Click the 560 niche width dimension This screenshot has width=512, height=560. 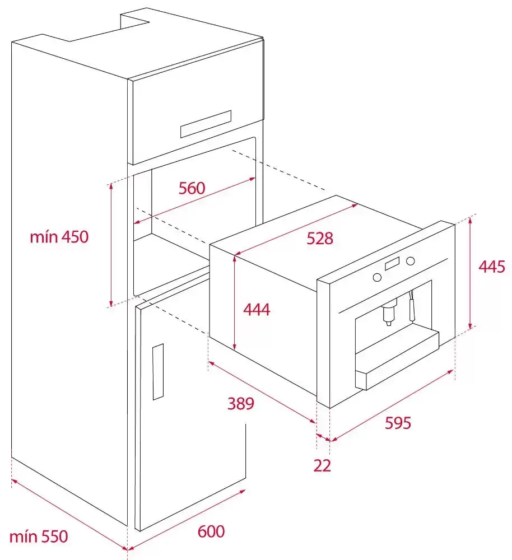(x=192, y=188)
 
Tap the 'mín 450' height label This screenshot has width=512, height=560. (x=59, y=237)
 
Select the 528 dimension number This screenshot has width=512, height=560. (x=320, y=238)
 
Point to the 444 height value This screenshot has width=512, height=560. (x=257, y=309)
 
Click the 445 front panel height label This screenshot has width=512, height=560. (x=492, y=267)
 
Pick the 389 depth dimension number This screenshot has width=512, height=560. (x=241, y=403)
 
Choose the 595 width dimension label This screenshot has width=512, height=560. (x=398, y=423)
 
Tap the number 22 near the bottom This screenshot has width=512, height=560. (x=322, y=465)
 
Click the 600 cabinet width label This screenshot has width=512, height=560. (x=211, y=531)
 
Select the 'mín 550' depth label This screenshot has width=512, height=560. (x=39, y=536)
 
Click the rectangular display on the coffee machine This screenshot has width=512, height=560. (x=392, y=264)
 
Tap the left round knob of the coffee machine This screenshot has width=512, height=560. (x=377, y=277)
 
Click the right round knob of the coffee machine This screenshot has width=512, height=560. (x=411, y=261)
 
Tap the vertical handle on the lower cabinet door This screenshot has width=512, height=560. (x=158, y=372)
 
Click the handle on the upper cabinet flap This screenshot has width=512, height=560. (x=206, y=124)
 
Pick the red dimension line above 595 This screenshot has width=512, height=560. (x=392, y=405)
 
